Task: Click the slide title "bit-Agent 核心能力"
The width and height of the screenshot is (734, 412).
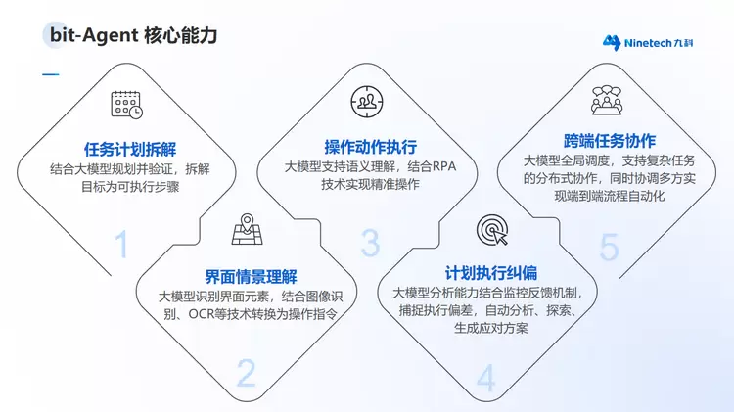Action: [x=133, y=35]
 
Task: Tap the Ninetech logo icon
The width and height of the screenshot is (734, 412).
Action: [x=612, y=43]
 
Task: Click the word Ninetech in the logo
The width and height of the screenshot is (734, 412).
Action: [x=648, y=43]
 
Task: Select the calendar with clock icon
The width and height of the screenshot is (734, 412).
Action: [x=127, y=105]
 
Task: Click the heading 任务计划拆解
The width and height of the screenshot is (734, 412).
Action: [x=130, y=150]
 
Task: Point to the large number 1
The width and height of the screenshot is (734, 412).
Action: [x=121, y=244]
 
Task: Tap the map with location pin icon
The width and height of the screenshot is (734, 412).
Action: [x=248, y=229]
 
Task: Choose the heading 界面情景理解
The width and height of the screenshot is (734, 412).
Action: [x=251, y=277]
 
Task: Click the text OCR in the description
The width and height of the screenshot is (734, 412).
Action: [x=201, y=314]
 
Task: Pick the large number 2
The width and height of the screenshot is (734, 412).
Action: [x=247, y=373]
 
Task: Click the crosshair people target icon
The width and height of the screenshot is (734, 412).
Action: [x=367, y=102]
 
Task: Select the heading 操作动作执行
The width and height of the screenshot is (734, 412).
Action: [x=370, y=147]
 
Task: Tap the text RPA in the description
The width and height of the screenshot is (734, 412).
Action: [x=443, y=166]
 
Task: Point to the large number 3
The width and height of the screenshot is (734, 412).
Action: [x=370, y=243]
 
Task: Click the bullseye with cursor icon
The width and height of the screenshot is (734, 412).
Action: [x=492, y=230]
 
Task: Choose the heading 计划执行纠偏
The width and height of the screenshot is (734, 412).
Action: [x=491, y=273]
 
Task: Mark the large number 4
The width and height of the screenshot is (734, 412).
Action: [x=485, y=378]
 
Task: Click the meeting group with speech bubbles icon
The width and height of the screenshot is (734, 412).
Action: [x=607, y=100]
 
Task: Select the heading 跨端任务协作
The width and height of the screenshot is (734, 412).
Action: [x=610, y=141]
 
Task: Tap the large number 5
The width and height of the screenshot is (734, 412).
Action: [x=609, y=247]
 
